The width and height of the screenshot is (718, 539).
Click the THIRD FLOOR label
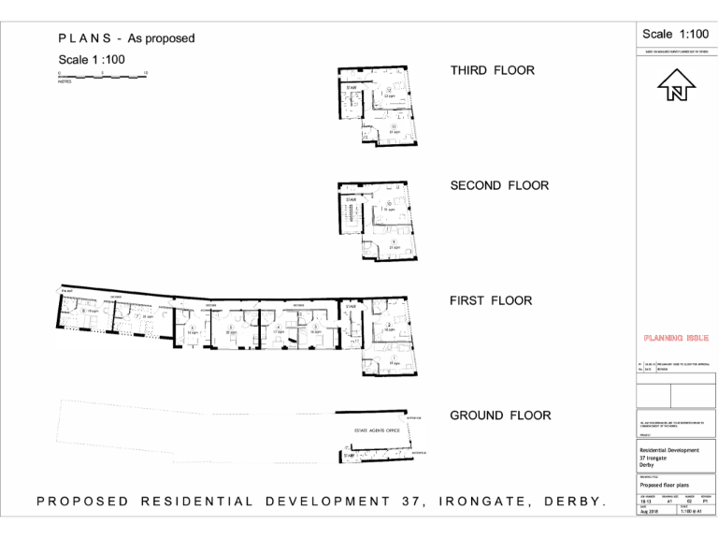click(x=492, y=70)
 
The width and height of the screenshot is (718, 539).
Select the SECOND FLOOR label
click(x=499, y=185)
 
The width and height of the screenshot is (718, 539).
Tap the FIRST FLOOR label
click(x=491, y=300)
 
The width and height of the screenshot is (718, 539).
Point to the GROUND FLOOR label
click(x=500, y=415)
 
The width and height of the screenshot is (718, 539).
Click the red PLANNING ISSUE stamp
click(x=676, y=337)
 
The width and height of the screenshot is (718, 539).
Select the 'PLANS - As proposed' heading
click(x=126, y=38)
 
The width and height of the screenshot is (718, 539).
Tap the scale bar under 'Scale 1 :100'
click(x=103, y=74)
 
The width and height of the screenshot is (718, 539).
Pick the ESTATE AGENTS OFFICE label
click(x=376, y=430)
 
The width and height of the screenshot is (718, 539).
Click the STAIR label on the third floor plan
click(x=351, y=88)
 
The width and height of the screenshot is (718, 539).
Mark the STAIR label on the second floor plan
click(x=351, y=200)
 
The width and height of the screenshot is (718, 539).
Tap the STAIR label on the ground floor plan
click(x=350, y=456)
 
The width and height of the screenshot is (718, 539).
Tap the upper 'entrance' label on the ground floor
click(x=414, y=417)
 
